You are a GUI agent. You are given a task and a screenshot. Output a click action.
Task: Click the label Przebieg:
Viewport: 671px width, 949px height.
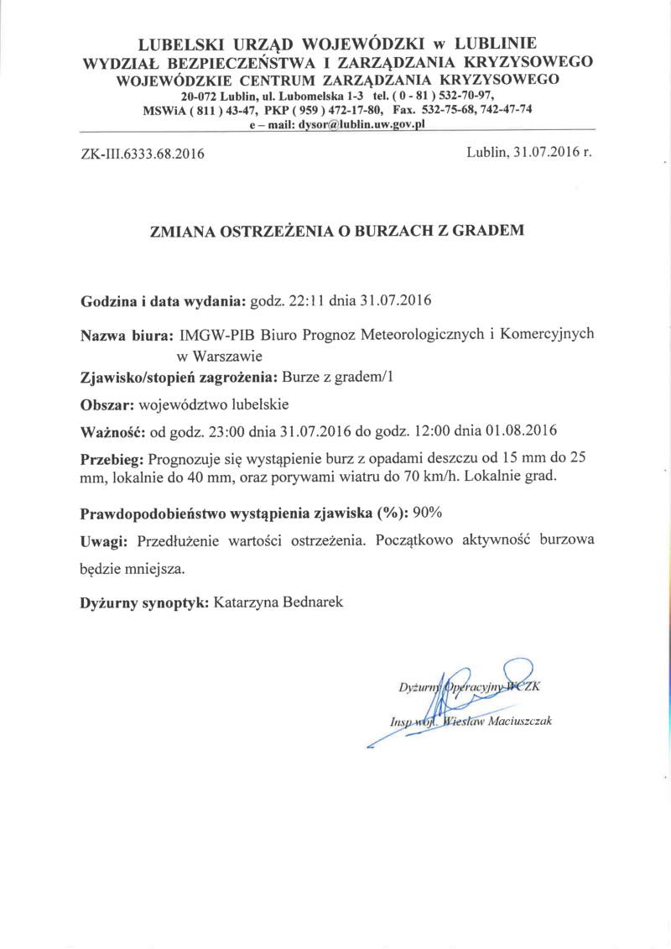tap(112, 460)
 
